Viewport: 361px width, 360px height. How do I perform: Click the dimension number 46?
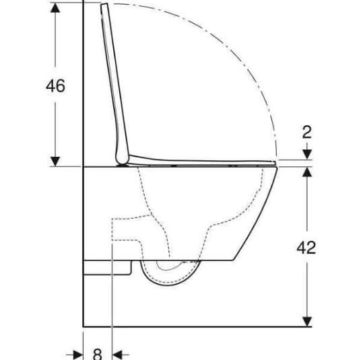(x=55, y=87)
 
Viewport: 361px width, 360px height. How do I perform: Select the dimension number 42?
(x=306, y=247)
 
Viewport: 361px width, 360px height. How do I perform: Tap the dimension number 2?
(x=306, y=132)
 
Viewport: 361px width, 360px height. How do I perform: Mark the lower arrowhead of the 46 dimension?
(x=55, y=161)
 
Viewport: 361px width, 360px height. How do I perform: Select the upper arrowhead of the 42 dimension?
(x=306, y=172)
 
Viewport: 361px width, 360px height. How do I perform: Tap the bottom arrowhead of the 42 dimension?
(x=306, y=321)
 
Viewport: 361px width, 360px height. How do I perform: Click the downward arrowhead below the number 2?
(x=306, y=155)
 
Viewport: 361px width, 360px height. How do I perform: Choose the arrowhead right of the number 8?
(x=119, y=353)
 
